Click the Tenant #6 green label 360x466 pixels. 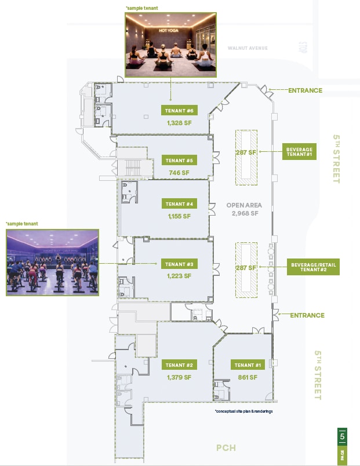tap(179, 111)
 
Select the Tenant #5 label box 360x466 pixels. tap(179, 161)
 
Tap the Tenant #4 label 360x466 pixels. tap(179, 204)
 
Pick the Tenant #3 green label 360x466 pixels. tap(179, 264)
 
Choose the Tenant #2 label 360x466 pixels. tap(179, 365)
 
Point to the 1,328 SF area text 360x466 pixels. tap(179, 123)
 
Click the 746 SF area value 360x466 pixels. tap(179, 173)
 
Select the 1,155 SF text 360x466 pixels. tap(179, 216)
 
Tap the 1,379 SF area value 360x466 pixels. tap(179, 377)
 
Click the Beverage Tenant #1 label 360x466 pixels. tap(299, 152)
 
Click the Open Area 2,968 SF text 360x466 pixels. tap(244, 209)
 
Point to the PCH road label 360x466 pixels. tap(226, 448)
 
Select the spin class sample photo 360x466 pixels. tap(52, 262)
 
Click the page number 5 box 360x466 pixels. tap(343, 436)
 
